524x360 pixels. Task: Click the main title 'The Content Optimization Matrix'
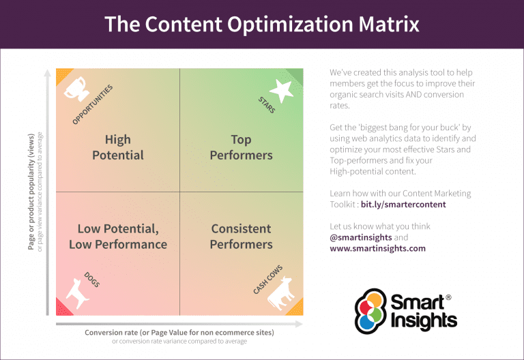[x=262, y=25]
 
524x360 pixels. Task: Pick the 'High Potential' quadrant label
[x=117, y=147]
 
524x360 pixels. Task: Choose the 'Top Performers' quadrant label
[x=241, y=147]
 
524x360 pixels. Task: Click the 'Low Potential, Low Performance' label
[x=117, y=236]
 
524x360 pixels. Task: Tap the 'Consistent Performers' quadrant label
[x=241, y=236]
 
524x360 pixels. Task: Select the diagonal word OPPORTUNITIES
[x=92, y=104]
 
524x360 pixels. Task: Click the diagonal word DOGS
[x=91, y=279]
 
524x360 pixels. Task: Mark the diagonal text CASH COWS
[x=267, y=279]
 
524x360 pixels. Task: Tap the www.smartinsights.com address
[x=377, y=248]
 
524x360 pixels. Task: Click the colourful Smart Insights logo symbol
[x=369, y=311]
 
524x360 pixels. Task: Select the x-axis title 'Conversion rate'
[x=179, y=332]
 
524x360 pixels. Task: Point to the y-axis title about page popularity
[x=31, y=191]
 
